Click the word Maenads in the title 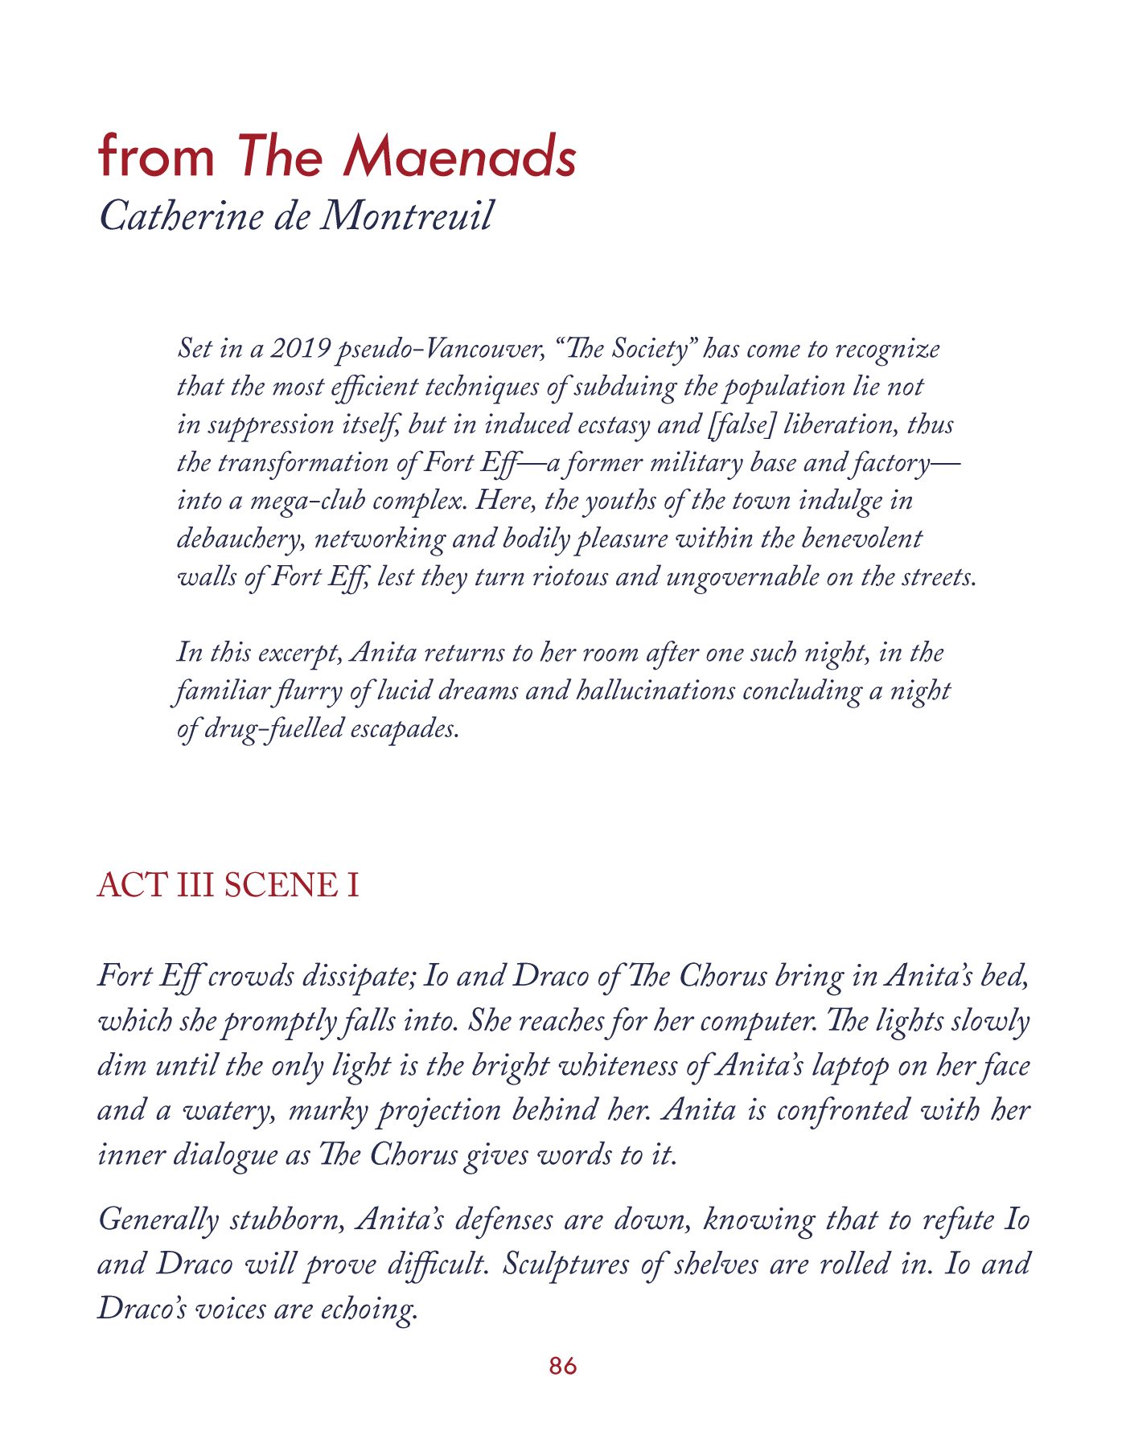pyautogui.click(x=460, y=155)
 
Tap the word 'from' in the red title pyautogui.click(x=157, y=155)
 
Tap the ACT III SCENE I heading pyautogui.click(x=228, y=885)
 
